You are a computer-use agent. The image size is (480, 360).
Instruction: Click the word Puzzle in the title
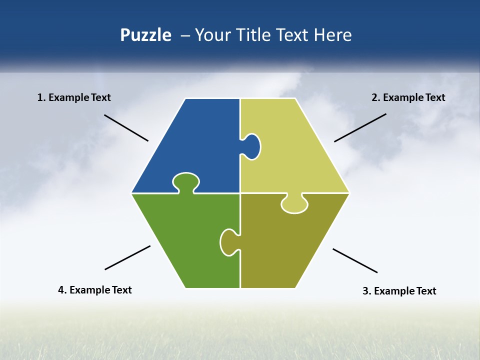(x=145, y=35)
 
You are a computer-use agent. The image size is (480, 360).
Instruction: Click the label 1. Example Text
(x=74, y=97)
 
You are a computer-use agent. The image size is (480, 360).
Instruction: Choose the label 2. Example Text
(x=408, y=97)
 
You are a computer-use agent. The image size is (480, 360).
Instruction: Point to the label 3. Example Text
(x=399, y=291)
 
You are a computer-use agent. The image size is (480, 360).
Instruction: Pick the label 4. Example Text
(x=95, y=290)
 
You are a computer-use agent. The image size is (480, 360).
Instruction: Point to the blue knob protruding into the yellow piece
(x=251, y=146)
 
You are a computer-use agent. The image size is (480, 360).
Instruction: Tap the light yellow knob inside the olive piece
(x=295, y=204)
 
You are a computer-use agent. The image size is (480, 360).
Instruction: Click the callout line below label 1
(x=126, y=128)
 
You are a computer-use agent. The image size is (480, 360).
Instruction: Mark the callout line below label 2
(x=360, y=127)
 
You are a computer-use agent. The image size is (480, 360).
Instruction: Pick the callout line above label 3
(x=355, y=260)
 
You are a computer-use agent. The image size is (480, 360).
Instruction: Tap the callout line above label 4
(x=127, y=257)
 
